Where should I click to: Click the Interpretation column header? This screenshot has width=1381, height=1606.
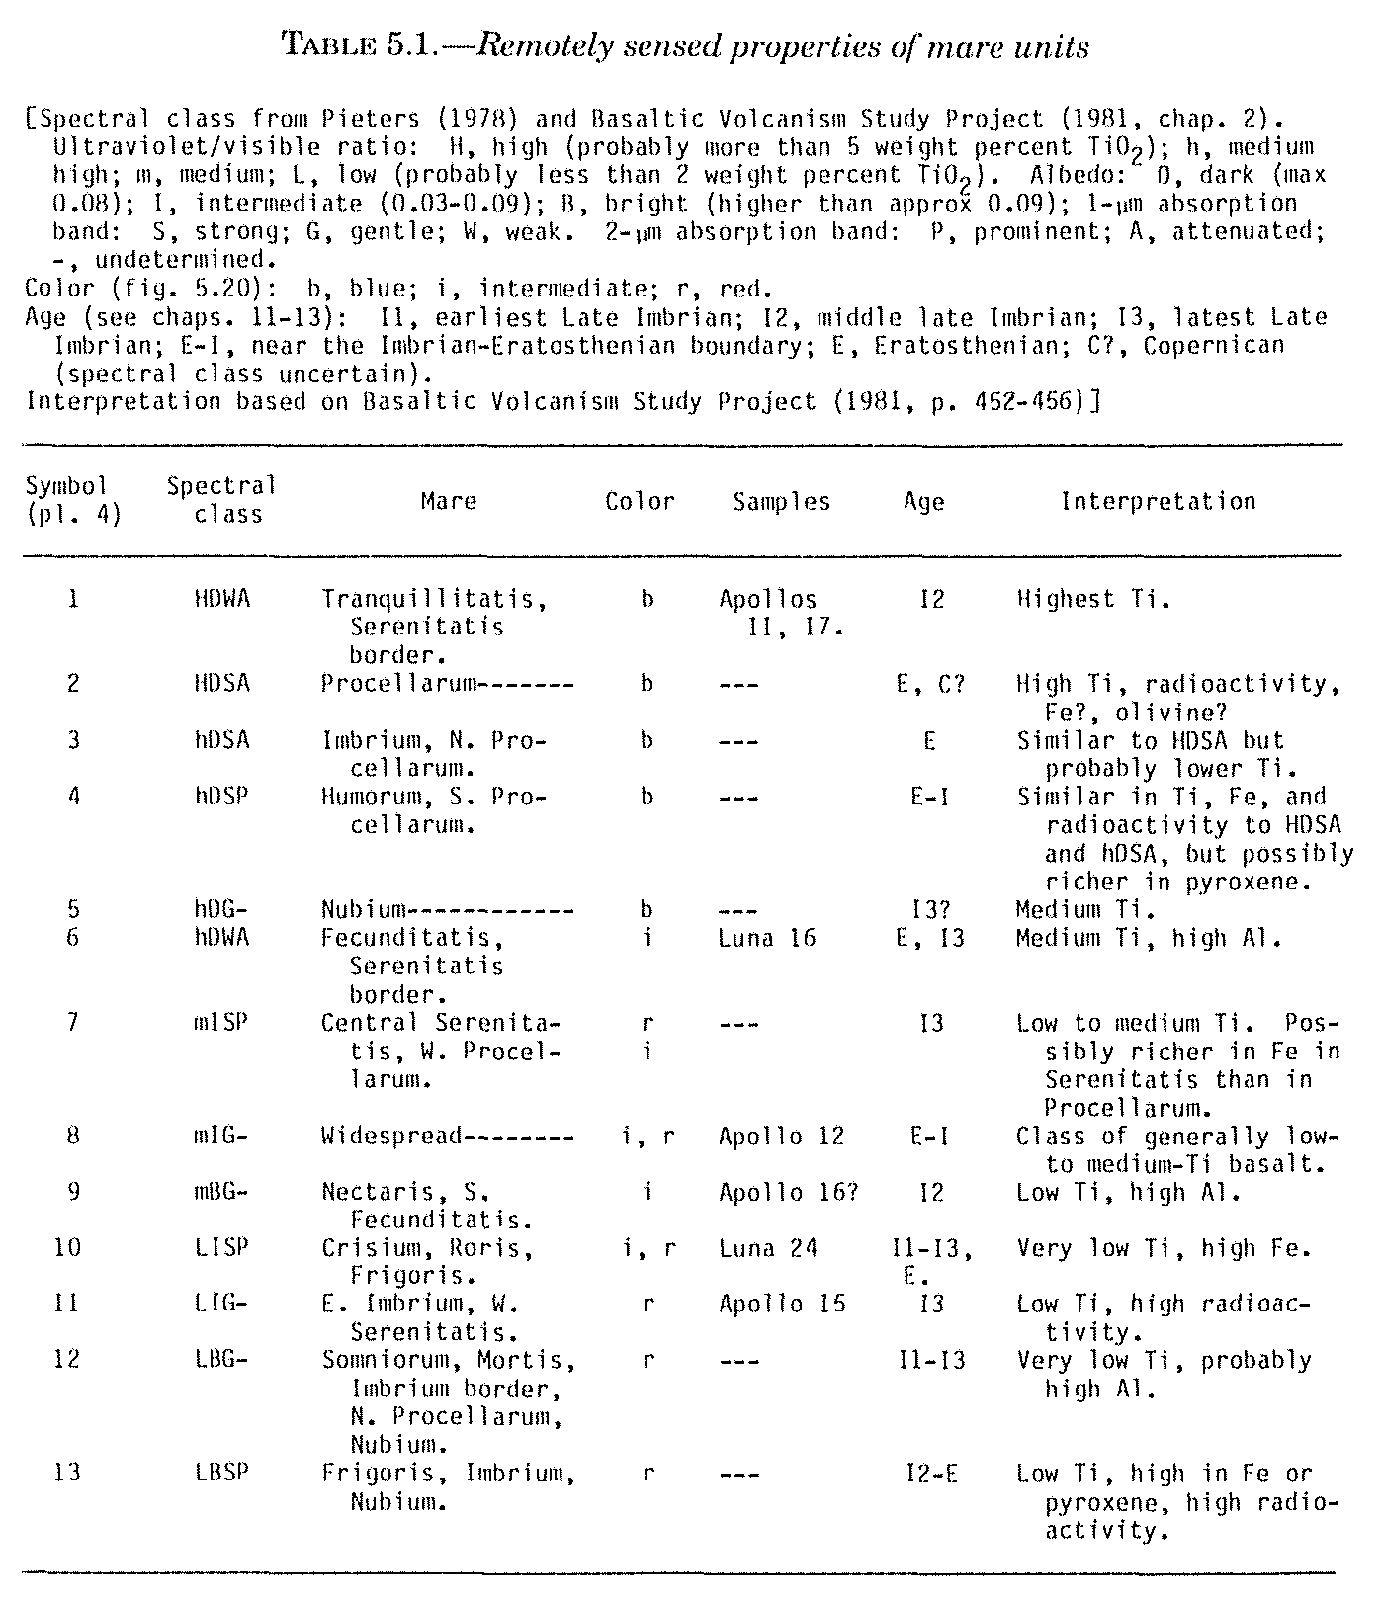[x=1158, y=502]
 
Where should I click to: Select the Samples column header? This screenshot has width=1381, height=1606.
[x=782, y=502]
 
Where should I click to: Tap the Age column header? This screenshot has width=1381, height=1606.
[x=924, y=502]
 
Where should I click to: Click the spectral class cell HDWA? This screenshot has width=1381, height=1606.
[x=222, y=599]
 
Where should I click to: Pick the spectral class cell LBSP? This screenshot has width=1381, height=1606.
[x=222, y=1474]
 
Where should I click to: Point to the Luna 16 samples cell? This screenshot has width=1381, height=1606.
[x=767, y=937]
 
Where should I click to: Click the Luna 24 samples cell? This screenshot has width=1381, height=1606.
[x=767, y=1248]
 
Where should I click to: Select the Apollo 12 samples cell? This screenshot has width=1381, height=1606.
[x=781, y=1137]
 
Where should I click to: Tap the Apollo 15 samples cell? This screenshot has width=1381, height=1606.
[x=781, y=1304]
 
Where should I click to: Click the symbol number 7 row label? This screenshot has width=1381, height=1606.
[x=73, y=1023]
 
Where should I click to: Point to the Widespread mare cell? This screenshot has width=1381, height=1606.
[x=391, y=1137]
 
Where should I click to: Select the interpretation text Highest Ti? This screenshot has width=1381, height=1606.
[x=1092, y=599]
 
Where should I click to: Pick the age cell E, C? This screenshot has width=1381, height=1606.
[x=930, y=684]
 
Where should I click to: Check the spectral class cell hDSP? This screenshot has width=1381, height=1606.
[x=222, y=797]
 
